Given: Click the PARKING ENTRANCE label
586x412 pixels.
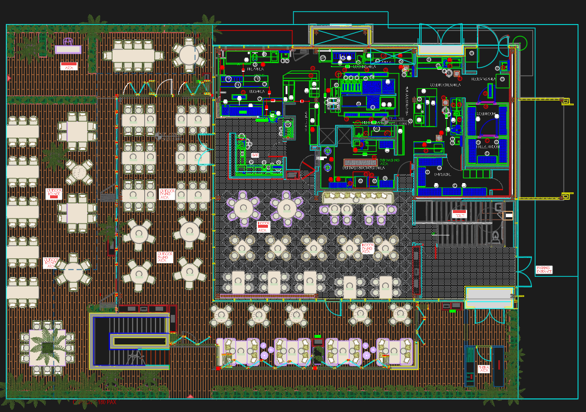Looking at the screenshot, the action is pyautogui.click(x=544, y=270).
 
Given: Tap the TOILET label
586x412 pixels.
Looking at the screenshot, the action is pyautogui.click(x=459, y=214).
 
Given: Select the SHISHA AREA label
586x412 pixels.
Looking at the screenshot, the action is pyautogui.click(x=484, y=369).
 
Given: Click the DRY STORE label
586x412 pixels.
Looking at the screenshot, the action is pyautogui.click(x=442, y=174).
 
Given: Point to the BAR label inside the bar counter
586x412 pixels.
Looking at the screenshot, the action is pyautogui.click(x=255, y=155).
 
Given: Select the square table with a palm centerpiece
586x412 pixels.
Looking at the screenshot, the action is pyautogui.click(x=48, y=348).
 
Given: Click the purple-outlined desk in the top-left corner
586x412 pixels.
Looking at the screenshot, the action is pyautogui.click(x=68, y=49).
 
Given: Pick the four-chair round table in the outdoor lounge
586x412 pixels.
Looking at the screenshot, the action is pyautogui.click(x=78, y=172).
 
